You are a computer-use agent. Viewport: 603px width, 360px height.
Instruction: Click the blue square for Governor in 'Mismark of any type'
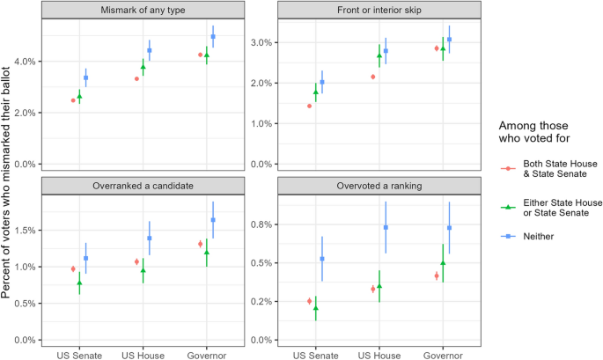pos(213,37)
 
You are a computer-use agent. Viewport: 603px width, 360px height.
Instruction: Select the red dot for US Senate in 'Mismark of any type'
pos(73,100)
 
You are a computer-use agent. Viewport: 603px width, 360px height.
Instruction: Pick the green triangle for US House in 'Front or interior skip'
pos(379,55)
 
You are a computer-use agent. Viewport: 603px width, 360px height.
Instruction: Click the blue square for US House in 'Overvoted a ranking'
pos(386,227)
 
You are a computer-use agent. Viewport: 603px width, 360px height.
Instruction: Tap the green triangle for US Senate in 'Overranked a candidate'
pos(79,283)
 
